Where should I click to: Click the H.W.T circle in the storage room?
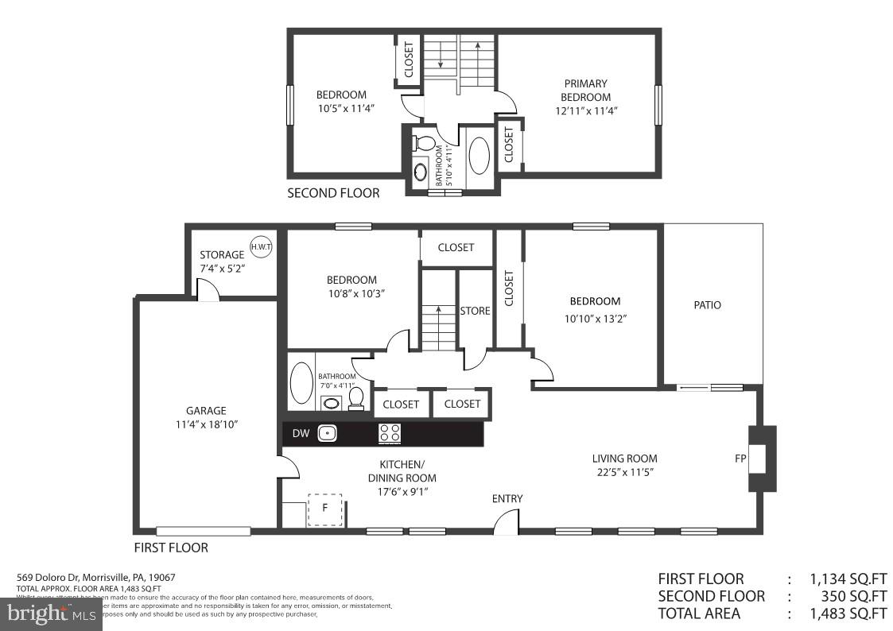(x=261, y=247)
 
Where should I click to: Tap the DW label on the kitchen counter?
(x=301, y=433)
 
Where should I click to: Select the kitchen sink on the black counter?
(x=327, y=433)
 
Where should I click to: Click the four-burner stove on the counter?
(x=390, y=433)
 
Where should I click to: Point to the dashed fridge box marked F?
(x=324, y=509)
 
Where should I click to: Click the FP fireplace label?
(x=740, y=459)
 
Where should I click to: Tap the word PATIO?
(x=707, y=304)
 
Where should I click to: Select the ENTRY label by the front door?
(x=507, y=499)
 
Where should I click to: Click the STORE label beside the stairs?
(x=476, y=311)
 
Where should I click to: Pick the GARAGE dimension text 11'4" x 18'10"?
(x=207, y=424)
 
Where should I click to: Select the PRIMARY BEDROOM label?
(x=585, y=90)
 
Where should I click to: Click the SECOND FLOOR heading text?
(x=333, y=192)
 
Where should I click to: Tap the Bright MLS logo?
(x=51, y=614)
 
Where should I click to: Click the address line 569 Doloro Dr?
(x=96, y=577)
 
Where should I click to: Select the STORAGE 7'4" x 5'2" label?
(x=222, y=262)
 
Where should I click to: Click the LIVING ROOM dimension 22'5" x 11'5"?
(x=624, y=472)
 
